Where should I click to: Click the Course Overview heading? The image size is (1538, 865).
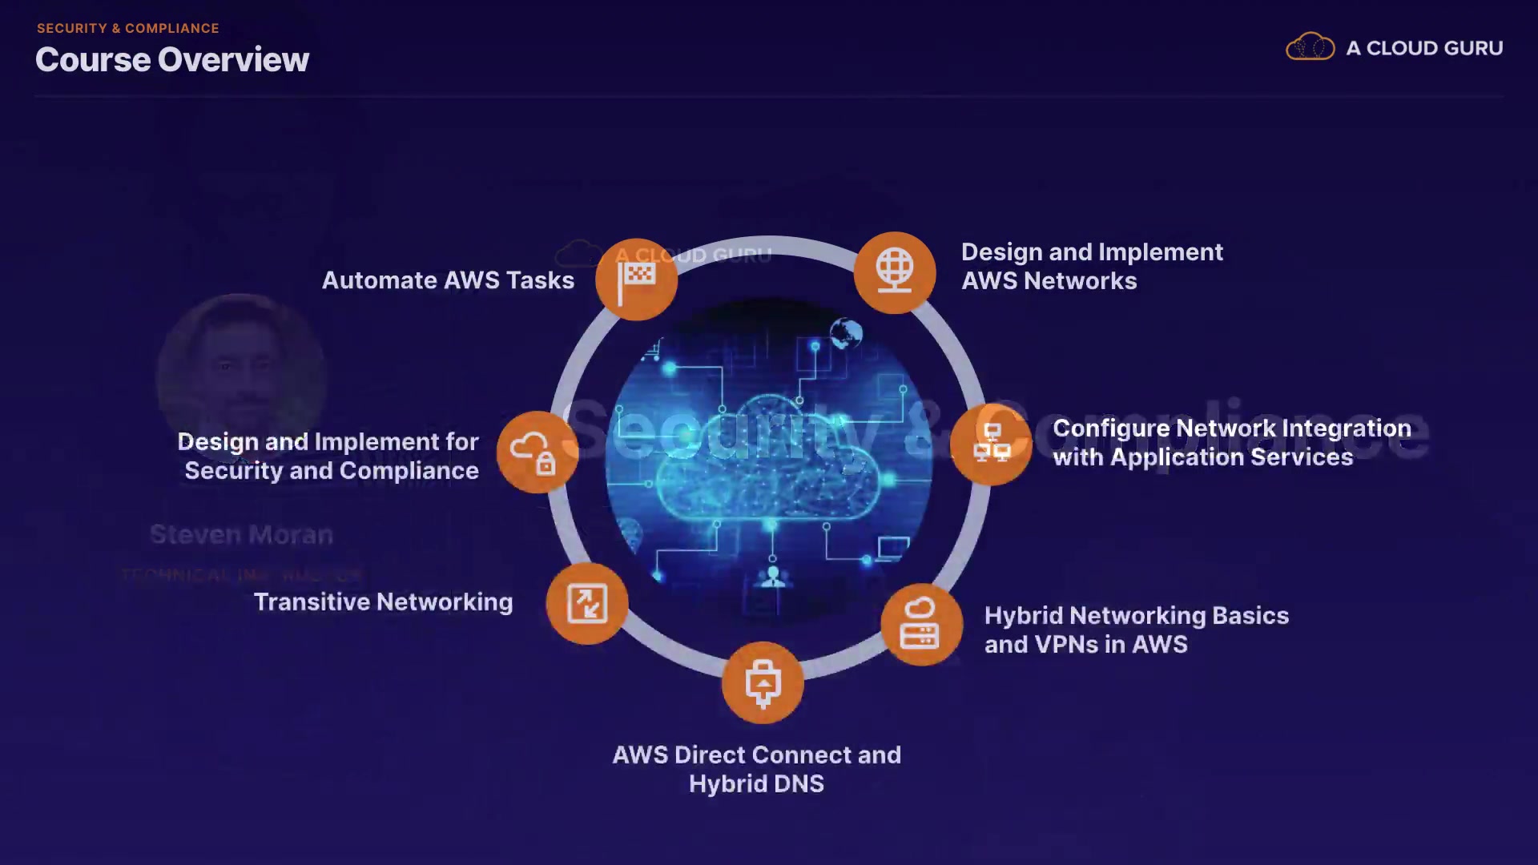172,60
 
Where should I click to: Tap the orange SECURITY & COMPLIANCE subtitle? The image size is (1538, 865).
128,28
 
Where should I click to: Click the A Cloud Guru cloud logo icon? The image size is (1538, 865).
1310,47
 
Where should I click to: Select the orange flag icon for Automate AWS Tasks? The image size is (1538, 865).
637,280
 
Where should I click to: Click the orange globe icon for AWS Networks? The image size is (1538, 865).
895,272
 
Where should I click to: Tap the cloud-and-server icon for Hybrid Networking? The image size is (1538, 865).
921,625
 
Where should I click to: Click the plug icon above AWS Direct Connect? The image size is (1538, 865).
763,683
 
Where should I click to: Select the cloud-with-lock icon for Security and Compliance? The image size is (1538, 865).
537,453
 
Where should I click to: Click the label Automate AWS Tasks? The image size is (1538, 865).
448,280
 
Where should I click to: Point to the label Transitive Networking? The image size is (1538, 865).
383,602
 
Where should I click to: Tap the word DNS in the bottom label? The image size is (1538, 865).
799,783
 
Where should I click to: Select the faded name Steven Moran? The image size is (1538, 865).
241,534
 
